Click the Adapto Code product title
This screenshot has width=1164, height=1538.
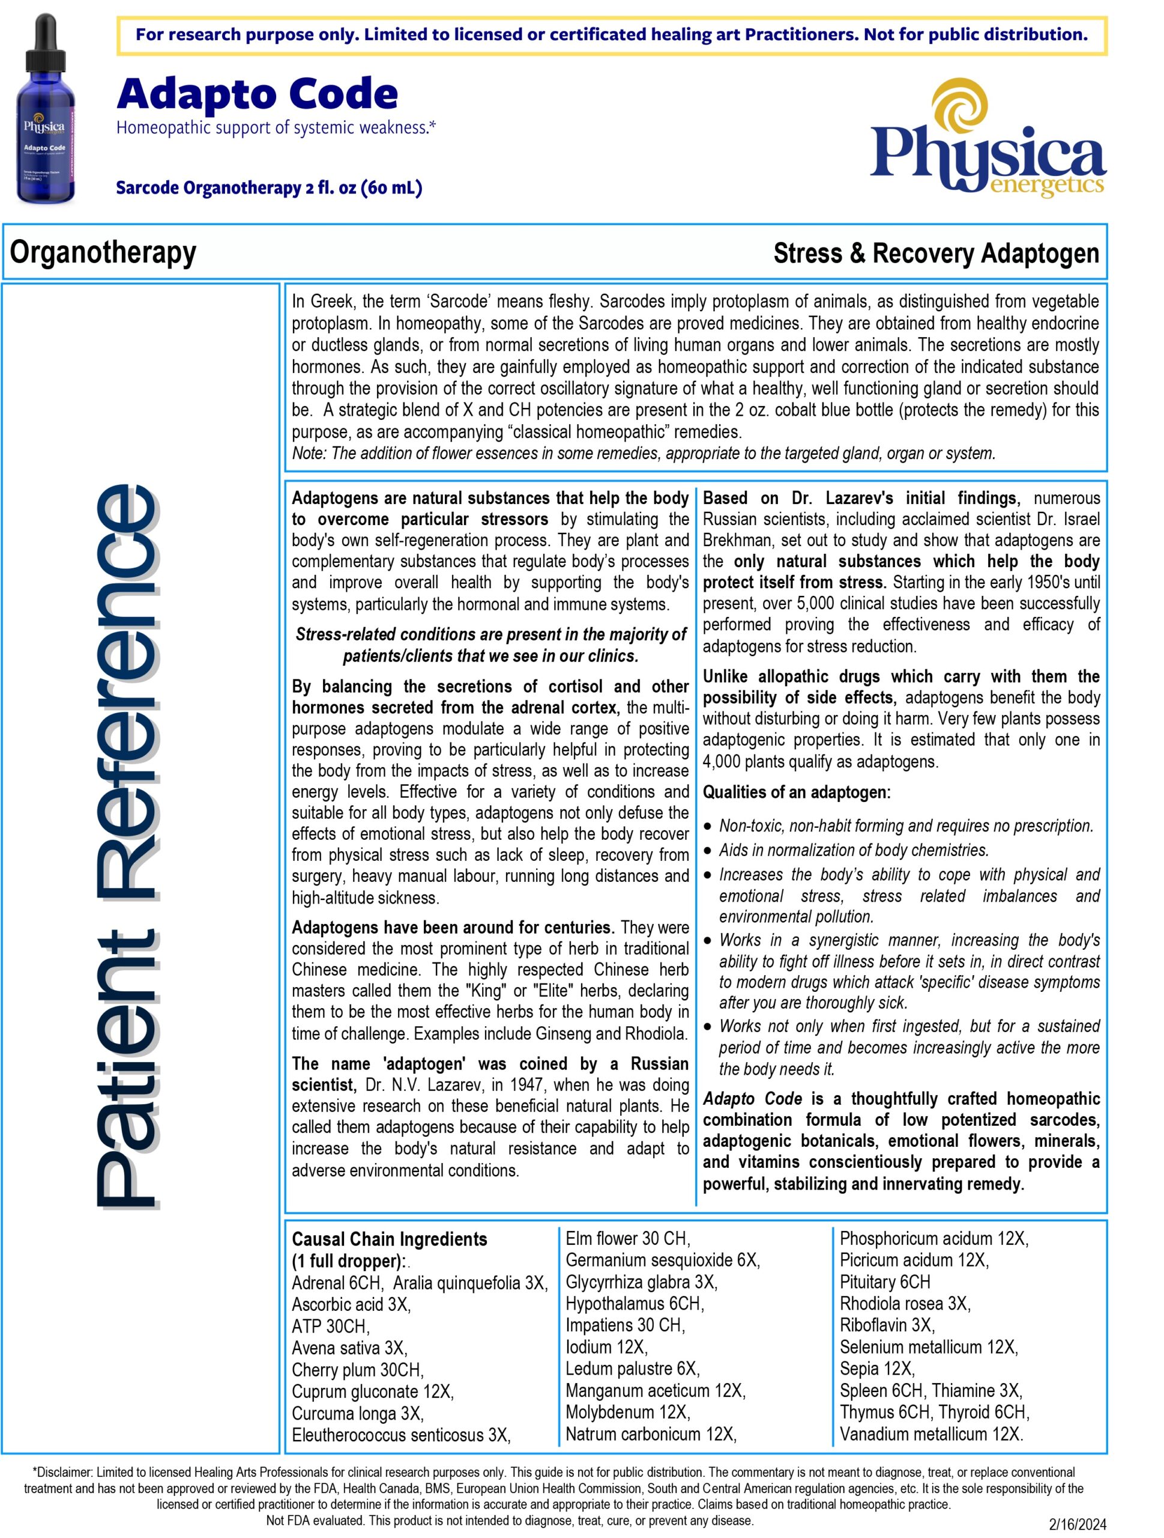click(x=257, y=94)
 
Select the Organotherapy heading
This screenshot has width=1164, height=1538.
click(x=103, y=252)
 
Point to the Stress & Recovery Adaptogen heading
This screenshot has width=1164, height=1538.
click(x=935, y=253)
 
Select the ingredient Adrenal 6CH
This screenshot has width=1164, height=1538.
click(x=336, y=1283)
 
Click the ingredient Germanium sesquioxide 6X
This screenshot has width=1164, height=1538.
click(x=662, y=1260)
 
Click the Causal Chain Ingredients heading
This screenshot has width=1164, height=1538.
click(x=389, y=1239)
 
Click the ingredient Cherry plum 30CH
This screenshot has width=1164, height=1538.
click(x=357, y=1370)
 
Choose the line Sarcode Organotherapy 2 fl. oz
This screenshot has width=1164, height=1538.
click(x=269, y=187)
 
